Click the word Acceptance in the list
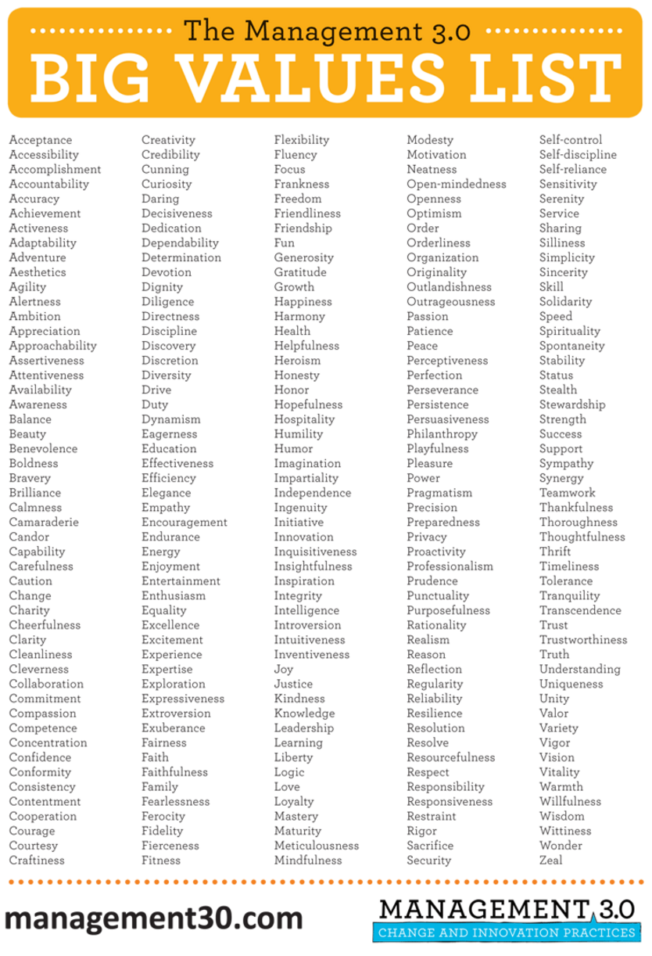[x=40, y=140]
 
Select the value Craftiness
[x=37, y=861]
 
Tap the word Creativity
[x=168, y=140]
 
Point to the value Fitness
[x=161, y=861]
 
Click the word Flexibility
[x=302, y=140]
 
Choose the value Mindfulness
[x=308, y=861]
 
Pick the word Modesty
[x=430, y=140]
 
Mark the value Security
[x=429, y=861]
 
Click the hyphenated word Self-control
[x=571, y=140]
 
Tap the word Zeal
[x=550, y=861]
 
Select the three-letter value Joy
[x=284, y=670]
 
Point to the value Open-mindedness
[x=457, y=185]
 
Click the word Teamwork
[x=568, y=493]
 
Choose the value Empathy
[x=166, y=508]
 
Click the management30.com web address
[x=154, y=917]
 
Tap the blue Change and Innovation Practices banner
[x=506, y=933]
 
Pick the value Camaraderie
[x=44, y=523]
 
